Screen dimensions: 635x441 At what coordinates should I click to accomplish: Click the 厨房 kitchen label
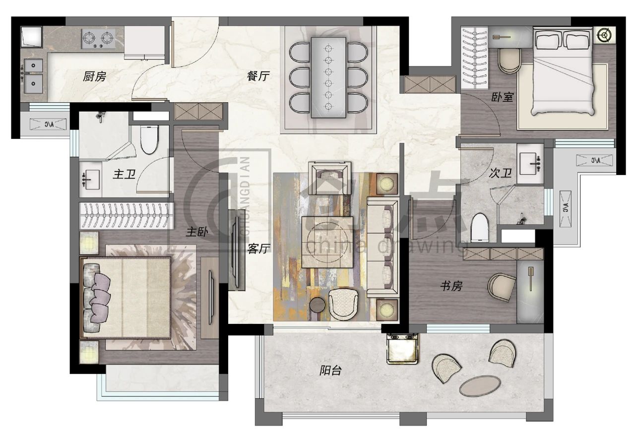94,76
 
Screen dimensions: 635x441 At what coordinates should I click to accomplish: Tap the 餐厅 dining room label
258,76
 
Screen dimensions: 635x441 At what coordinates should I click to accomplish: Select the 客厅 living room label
258,249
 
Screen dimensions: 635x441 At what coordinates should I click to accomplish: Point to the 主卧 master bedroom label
197,232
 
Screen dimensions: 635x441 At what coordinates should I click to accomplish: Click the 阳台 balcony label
330,371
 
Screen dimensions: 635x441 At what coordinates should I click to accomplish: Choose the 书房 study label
451,286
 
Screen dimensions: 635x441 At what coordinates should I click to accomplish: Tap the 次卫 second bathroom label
501,173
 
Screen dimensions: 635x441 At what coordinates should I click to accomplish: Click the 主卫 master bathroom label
124,174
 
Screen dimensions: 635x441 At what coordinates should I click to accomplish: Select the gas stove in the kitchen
98,39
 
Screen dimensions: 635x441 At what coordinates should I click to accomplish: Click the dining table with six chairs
328,77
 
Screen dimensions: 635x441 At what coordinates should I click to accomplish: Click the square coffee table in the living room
327,242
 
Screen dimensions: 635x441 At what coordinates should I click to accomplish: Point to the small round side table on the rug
317,305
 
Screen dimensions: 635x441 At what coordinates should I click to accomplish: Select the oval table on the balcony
480,386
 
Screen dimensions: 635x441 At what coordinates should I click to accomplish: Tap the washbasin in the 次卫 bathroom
530,164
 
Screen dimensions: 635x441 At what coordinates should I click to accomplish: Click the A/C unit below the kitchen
48,124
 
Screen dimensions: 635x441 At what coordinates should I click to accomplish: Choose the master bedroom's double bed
126,298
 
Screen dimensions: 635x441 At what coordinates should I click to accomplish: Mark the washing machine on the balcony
402,349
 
